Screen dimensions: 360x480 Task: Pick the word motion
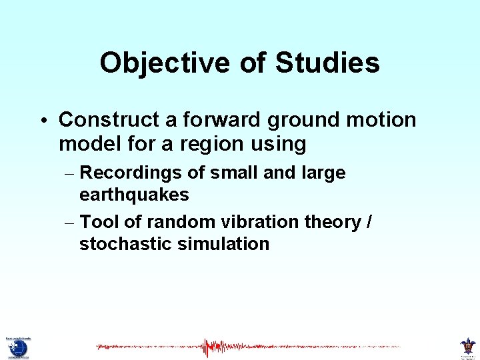click(384, 120)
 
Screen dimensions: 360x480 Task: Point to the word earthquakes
click(134, 195)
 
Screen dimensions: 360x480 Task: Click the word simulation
click(223, 244)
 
